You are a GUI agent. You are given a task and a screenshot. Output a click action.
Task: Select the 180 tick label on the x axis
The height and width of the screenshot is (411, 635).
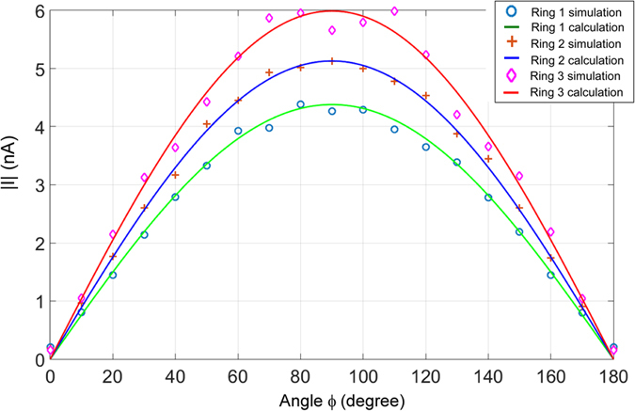(613, 375)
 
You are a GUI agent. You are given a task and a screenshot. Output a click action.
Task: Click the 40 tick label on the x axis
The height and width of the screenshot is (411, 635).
(175, 375)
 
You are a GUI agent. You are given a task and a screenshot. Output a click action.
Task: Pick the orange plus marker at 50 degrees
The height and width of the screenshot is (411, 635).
(207, 124)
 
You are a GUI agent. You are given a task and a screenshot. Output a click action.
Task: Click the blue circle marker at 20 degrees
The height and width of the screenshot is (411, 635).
(113, 275)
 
